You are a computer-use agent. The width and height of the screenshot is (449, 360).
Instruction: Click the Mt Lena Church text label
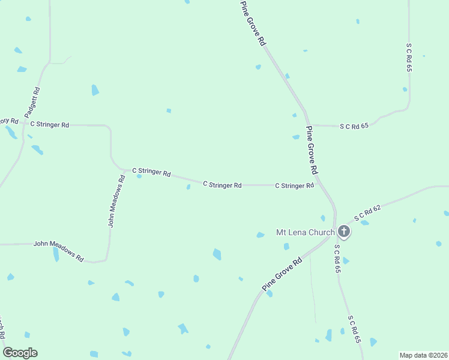tap(304, 232)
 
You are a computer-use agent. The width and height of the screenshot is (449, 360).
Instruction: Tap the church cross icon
tap(344, 231)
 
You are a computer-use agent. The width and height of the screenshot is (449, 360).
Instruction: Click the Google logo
tap(20, 353)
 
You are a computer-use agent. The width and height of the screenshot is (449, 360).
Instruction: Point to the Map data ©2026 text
tap(423, 355)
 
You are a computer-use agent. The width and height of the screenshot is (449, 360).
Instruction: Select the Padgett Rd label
tap(32, 103)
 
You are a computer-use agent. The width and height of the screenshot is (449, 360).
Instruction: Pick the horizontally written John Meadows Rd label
tap(58, 249)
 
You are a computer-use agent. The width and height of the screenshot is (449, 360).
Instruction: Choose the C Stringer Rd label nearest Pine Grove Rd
tap(294, 186)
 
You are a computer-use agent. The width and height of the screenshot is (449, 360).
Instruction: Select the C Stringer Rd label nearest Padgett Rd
tap(50, 125)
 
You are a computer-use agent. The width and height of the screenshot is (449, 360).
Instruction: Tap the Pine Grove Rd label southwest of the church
tap(282, 275)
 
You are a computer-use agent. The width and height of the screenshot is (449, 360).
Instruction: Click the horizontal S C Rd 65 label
tap(353, 126)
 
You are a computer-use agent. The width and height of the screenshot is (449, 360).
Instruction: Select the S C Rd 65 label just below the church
tap(337, 259)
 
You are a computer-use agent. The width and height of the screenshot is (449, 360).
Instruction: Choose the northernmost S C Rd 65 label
tap(409, 57)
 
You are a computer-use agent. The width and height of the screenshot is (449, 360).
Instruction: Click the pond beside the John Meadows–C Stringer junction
tap(139, 176)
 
